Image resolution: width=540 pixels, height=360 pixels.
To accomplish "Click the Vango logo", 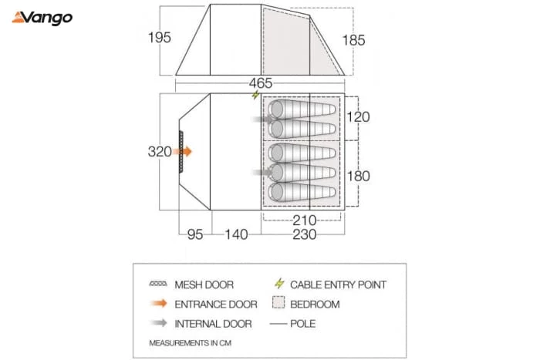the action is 42,19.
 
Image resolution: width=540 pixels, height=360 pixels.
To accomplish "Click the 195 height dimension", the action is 160,38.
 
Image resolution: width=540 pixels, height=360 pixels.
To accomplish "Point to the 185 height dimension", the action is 353,40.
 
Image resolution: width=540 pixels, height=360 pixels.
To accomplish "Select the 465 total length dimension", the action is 261,83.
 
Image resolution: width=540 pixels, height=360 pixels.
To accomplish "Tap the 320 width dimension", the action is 160,151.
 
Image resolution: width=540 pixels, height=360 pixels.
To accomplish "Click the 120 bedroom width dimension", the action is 358,117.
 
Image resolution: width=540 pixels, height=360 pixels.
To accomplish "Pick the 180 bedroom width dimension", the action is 359,177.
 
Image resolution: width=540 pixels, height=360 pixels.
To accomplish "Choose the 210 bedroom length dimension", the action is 305,220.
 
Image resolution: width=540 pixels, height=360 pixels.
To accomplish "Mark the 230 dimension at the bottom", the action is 305,234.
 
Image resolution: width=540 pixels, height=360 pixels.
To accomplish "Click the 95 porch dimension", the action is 195,234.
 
